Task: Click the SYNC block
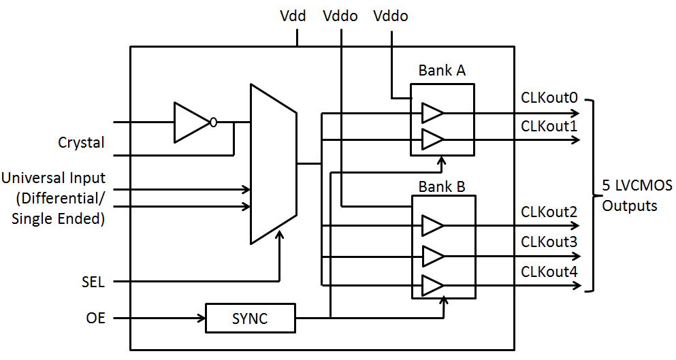pos(251,318)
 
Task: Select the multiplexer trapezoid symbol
pos(273,164)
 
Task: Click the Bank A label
pos(442,71)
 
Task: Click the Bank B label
pos(442,186)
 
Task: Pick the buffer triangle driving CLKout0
pos(432,113)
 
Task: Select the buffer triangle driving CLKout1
pos(432,140)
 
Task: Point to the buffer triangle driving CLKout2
pos(432,225)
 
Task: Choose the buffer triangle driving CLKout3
pos(432,256)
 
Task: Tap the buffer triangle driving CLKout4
pos(432,286)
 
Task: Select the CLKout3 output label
pos(549,242)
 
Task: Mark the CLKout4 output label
pos(549,272)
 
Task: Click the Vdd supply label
pos(294,16)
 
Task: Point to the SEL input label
pos(93,281)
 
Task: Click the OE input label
pos(96,318)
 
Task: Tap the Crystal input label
pos(82,143)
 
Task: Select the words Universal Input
pos(53,178)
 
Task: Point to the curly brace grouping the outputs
pos(592,195)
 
